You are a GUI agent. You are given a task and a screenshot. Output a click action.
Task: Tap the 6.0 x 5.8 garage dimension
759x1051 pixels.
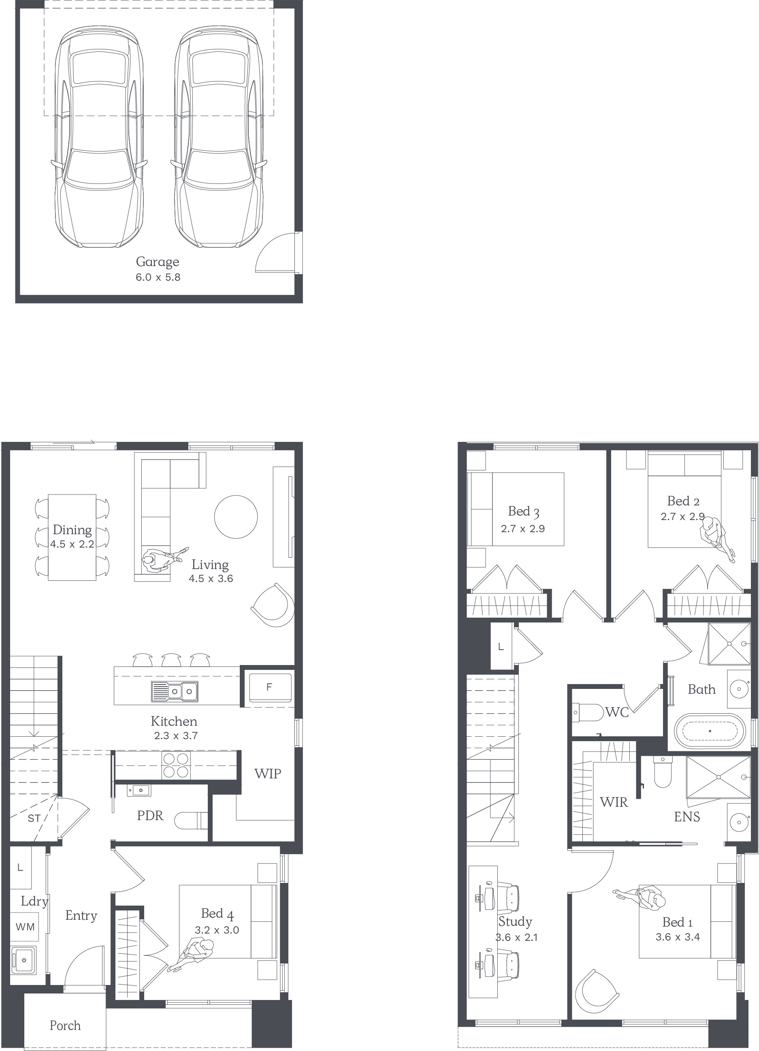[158, 277]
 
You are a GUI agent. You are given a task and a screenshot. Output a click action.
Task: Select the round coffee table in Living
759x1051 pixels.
[236, 517]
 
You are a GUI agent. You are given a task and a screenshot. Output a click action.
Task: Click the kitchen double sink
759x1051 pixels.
[174, 691]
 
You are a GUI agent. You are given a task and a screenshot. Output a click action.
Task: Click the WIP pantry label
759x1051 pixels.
[267, 774]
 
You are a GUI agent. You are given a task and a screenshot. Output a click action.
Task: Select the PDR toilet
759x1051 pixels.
[191, 821]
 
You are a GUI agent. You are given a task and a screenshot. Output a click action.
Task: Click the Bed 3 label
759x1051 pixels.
[524, 512]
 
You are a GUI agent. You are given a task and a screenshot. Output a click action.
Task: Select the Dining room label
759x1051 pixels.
[72, 530]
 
